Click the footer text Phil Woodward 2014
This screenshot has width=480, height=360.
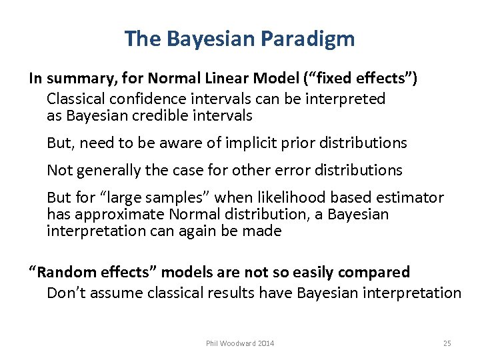(240, 343)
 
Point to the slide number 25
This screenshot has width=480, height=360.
(447, 343)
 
